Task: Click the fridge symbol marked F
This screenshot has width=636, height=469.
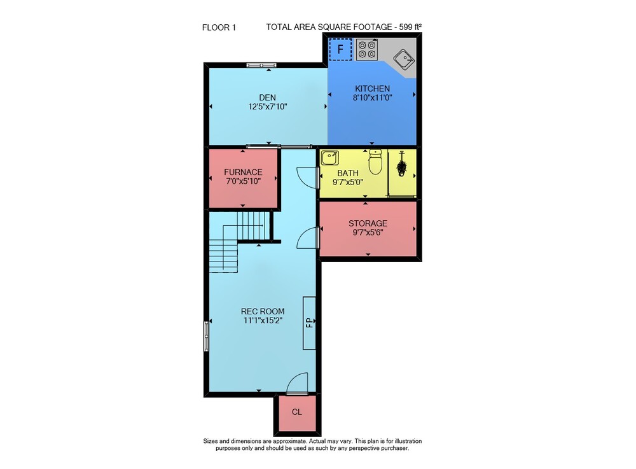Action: pos(340,50)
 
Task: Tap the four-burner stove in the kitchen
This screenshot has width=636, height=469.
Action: pos(367,50)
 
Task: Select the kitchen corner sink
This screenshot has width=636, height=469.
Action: pos(404,60)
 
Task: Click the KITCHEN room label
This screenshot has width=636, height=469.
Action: pos(372,88)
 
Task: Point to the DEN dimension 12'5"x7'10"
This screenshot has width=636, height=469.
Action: pos(268,107)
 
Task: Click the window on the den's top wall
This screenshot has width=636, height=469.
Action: pos(261,65)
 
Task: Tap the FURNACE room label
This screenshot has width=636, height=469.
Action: pos(243,172)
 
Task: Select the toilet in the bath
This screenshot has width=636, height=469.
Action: pos(375,162)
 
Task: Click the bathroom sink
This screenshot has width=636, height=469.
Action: pos(330,158)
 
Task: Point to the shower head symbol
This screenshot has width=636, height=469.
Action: pos(402,164)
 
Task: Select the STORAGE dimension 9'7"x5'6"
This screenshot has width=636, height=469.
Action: pos(368,232)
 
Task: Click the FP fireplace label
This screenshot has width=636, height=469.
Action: pos(310,323)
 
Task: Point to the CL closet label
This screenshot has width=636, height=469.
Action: pos(297,412)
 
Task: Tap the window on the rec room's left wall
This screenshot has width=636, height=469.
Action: pos(207,335)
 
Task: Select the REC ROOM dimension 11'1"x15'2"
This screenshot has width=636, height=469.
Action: pos(263,321)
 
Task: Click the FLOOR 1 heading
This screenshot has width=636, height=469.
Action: pos(219,27)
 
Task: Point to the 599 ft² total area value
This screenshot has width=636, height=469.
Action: pos(410,27)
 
